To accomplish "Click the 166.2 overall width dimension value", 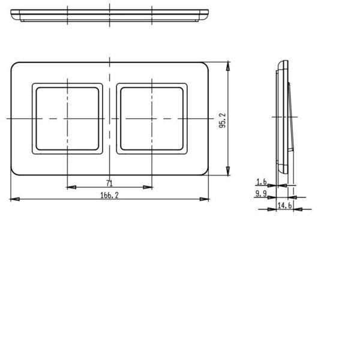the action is point(110,196).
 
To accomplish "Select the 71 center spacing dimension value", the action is point(110,183).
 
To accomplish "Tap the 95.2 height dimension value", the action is point(223,121).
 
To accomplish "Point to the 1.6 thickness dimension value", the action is point(261,182).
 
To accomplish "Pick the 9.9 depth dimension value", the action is point(261,194).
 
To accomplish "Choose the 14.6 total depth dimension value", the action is point(284,205).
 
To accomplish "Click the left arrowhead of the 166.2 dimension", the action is point(15,199).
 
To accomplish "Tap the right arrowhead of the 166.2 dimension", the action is point(204,199).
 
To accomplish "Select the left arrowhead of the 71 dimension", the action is point(71,187).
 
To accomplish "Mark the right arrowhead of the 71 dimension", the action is point(148,187).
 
